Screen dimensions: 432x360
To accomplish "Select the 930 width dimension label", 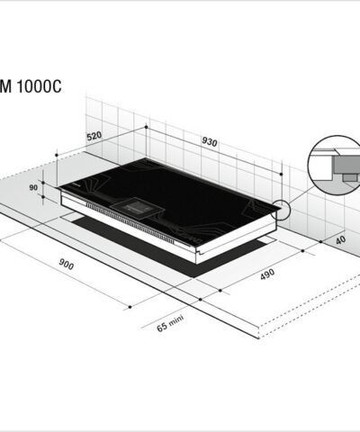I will point(210,144).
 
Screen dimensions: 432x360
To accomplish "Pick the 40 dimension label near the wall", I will point(340,240).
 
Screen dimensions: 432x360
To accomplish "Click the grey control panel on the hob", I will point(139,206).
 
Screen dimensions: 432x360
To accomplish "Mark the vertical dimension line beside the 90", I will point(56,180).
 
